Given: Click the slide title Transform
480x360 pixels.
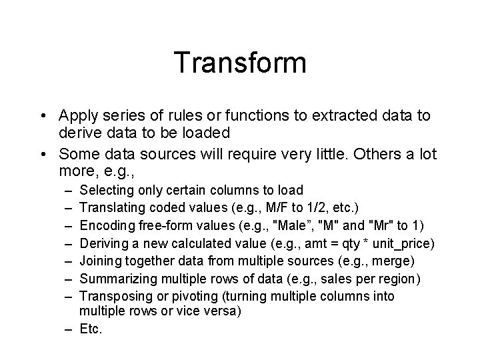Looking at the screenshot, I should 240,63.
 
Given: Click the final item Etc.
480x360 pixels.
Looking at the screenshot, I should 91,328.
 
